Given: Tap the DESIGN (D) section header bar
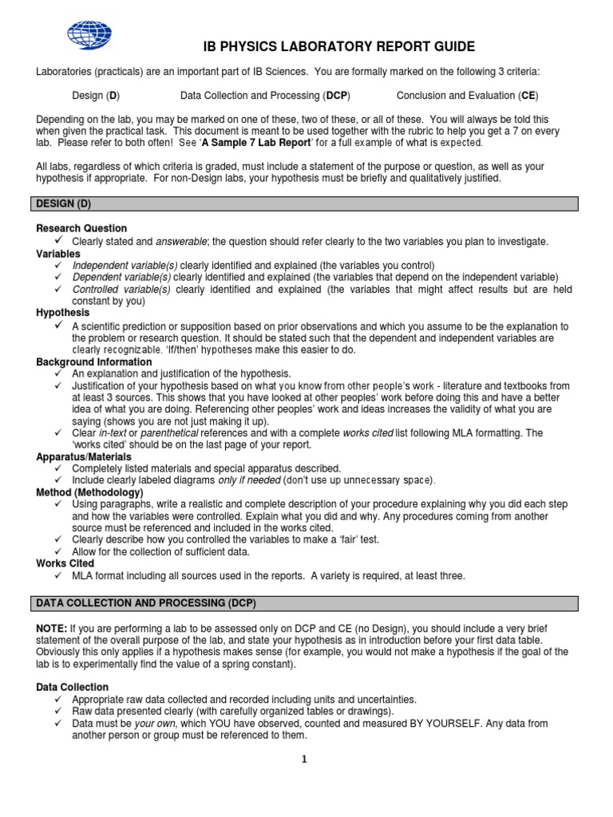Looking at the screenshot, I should [x=306, y=204].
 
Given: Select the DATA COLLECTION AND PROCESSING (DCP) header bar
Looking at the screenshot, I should [x=306, y=602].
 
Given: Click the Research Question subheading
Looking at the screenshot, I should [x=81, y=228].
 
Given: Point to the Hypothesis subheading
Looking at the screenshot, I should [x=63, y=313].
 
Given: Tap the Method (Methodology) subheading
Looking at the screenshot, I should [x=89, y=492].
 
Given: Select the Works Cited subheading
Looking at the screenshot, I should [x=65, y=563].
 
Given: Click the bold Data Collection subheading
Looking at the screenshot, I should [x=73, y=687].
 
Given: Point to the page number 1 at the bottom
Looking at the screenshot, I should [x=304, y=760].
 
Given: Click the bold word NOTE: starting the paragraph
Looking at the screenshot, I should [x=52, y=629].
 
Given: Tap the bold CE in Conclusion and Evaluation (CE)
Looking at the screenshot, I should [x=528, y=96].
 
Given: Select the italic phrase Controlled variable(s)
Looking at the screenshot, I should [x=121, y=289].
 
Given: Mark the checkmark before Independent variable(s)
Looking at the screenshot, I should [x=60, y=265].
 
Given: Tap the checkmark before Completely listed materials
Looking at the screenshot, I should [x=60, y=468].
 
